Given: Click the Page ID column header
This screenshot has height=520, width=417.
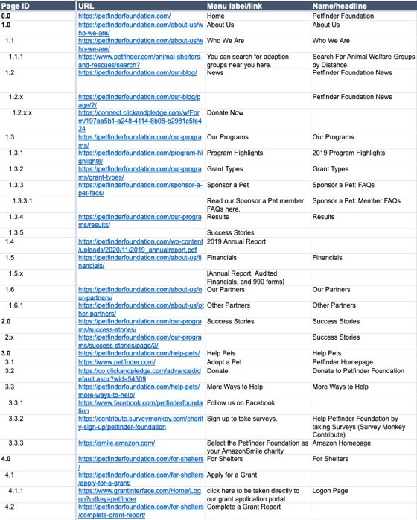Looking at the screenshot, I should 16,6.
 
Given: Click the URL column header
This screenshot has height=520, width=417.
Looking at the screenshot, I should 87,6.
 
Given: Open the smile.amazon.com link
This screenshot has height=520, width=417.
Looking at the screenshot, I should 116,443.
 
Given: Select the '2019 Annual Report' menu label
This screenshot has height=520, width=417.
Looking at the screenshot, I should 238,241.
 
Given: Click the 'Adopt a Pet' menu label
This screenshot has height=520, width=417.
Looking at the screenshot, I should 226,361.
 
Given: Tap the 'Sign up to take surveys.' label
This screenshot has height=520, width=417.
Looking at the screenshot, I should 242,419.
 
